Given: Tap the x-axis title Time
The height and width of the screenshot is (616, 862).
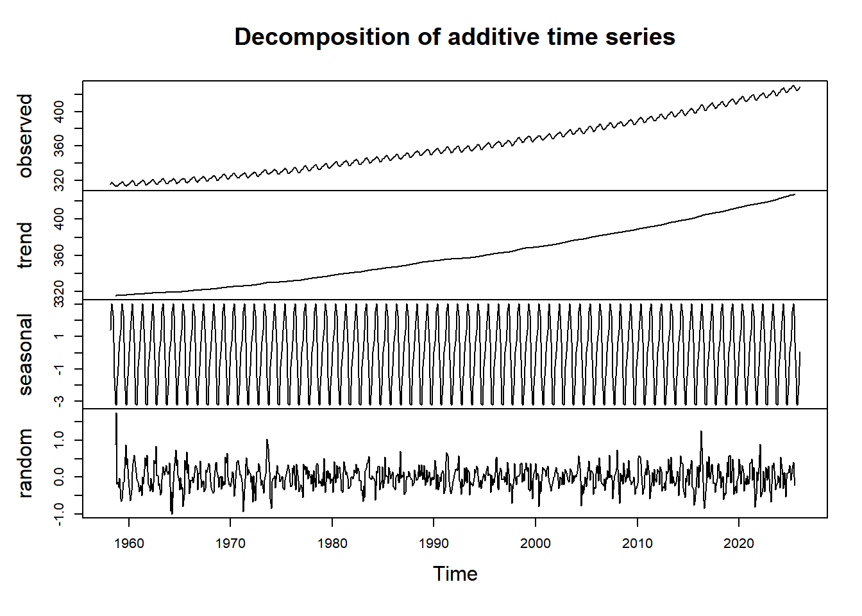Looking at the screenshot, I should point(455,574).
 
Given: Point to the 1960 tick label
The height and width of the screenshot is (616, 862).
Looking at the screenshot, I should point(129,543).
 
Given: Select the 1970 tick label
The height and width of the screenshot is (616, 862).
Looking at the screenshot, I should point(230,543).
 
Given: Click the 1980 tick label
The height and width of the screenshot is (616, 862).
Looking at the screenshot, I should point(332,543).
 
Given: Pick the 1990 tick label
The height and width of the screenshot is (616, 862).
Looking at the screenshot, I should point(434,543).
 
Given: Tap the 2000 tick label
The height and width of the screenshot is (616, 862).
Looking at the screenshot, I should point(536,543).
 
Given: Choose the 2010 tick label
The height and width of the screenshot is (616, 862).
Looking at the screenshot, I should point(637,543).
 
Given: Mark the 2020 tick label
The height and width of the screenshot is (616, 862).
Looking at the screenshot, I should point(739,543).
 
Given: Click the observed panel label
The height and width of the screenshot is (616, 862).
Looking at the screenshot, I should point(25,135).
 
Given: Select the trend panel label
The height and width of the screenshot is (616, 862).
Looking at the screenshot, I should point(25,245).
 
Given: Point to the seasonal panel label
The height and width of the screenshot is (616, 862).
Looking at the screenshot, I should point(25,354).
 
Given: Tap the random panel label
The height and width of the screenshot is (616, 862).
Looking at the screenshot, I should point(25,463).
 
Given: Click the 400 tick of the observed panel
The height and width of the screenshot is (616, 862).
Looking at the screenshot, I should point(59,112).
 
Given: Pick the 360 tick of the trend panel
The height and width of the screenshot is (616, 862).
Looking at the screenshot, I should point(59,255).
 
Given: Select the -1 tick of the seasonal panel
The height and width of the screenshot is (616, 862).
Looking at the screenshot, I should point(59,369).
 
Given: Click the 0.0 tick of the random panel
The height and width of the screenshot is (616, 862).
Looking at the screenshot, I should point(59,477).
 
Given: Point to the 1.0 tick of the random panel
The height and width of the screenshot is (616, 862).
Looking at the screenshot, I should point(59,440).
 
